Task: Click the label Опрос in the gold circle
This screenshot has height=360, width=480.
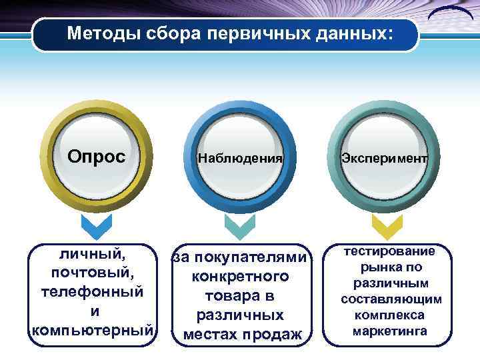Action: [x=96, y=157]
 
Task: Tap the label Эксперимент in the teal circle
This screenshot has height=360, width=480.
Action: [x=384, y=159]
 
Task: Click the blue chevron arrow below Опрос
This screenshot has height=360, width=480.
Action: [x=96, y=227]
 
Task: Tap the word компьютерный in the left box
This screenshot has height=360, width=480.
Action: [x=93, y=330]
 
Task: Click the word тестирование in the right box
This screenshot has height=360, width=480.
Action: [x=389, y=251]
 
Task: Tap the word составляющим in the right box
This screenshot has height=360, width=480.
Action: [x=391, y=299]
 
